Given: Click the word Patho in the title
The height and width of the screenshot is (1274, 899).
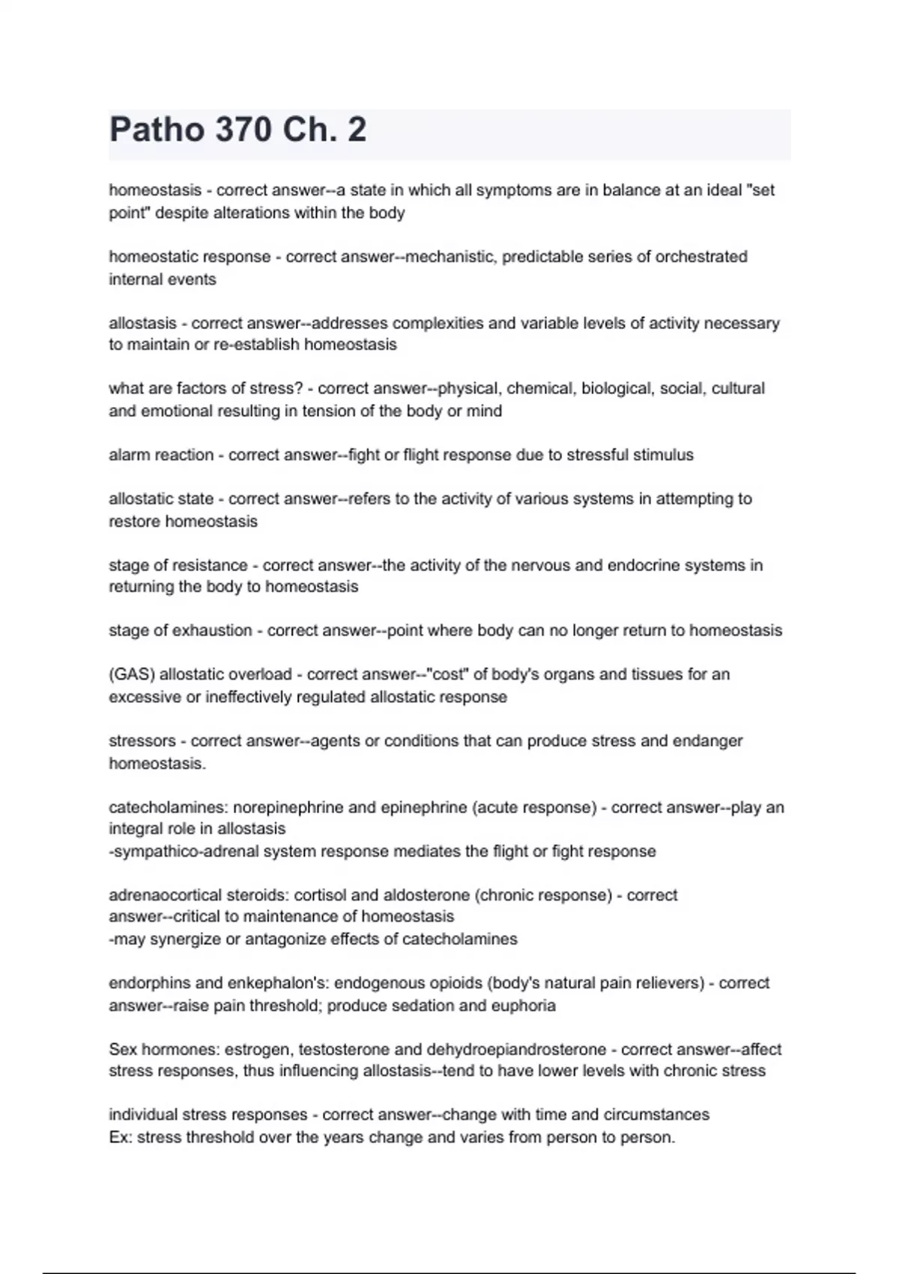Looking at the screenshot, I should pyautogui.click(x=156, y=130).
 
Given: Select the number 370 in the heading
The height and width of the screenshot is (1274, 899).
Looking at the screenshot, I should pyautogui.click(x=242, y=130).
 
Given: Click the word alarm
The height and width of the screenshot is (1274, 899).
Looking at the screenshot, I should pyautogui.click(x=129, y=455).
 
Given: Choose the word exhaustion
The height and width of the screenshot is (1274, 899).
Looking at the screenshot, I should pyautogui.click(x=213, y=630).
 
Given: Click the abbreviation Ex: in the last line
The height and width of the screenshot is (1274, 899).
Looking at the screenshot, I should pyautogui.click(x=121, y=1138).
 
